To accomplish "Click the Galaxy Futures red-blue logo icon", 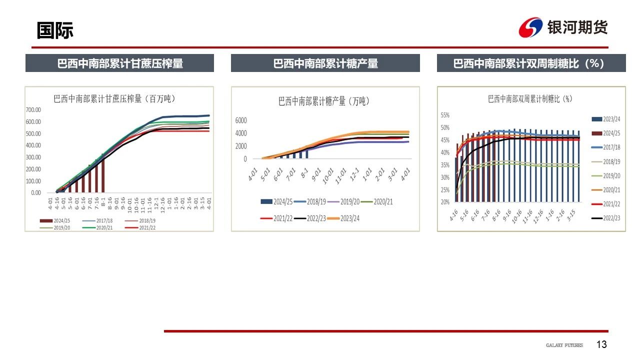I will [x=530, y=27].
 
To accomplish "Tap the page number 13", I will [x=601, y=344].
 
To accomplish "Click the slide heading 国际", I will [x=55, y=30].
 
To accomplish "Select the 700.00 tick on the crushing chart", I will [x=34, y=110].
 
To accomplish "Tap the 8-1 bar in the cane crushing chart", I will [x=103, y=175].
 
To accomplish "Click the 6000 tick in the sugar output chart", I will [x=241, y=120].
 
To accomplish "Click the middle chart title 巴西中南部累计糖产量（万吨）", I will [x=324, y=101].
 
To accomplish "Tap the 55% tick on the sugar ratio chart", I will [x=445, y=115].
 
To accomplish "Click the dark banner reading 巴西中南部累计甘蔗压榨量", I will [x=119, y=63].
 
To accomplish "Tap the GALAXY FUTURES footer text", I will [x=564, y=345].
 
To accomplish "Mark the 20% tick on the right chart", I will [x=445, y=202].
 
